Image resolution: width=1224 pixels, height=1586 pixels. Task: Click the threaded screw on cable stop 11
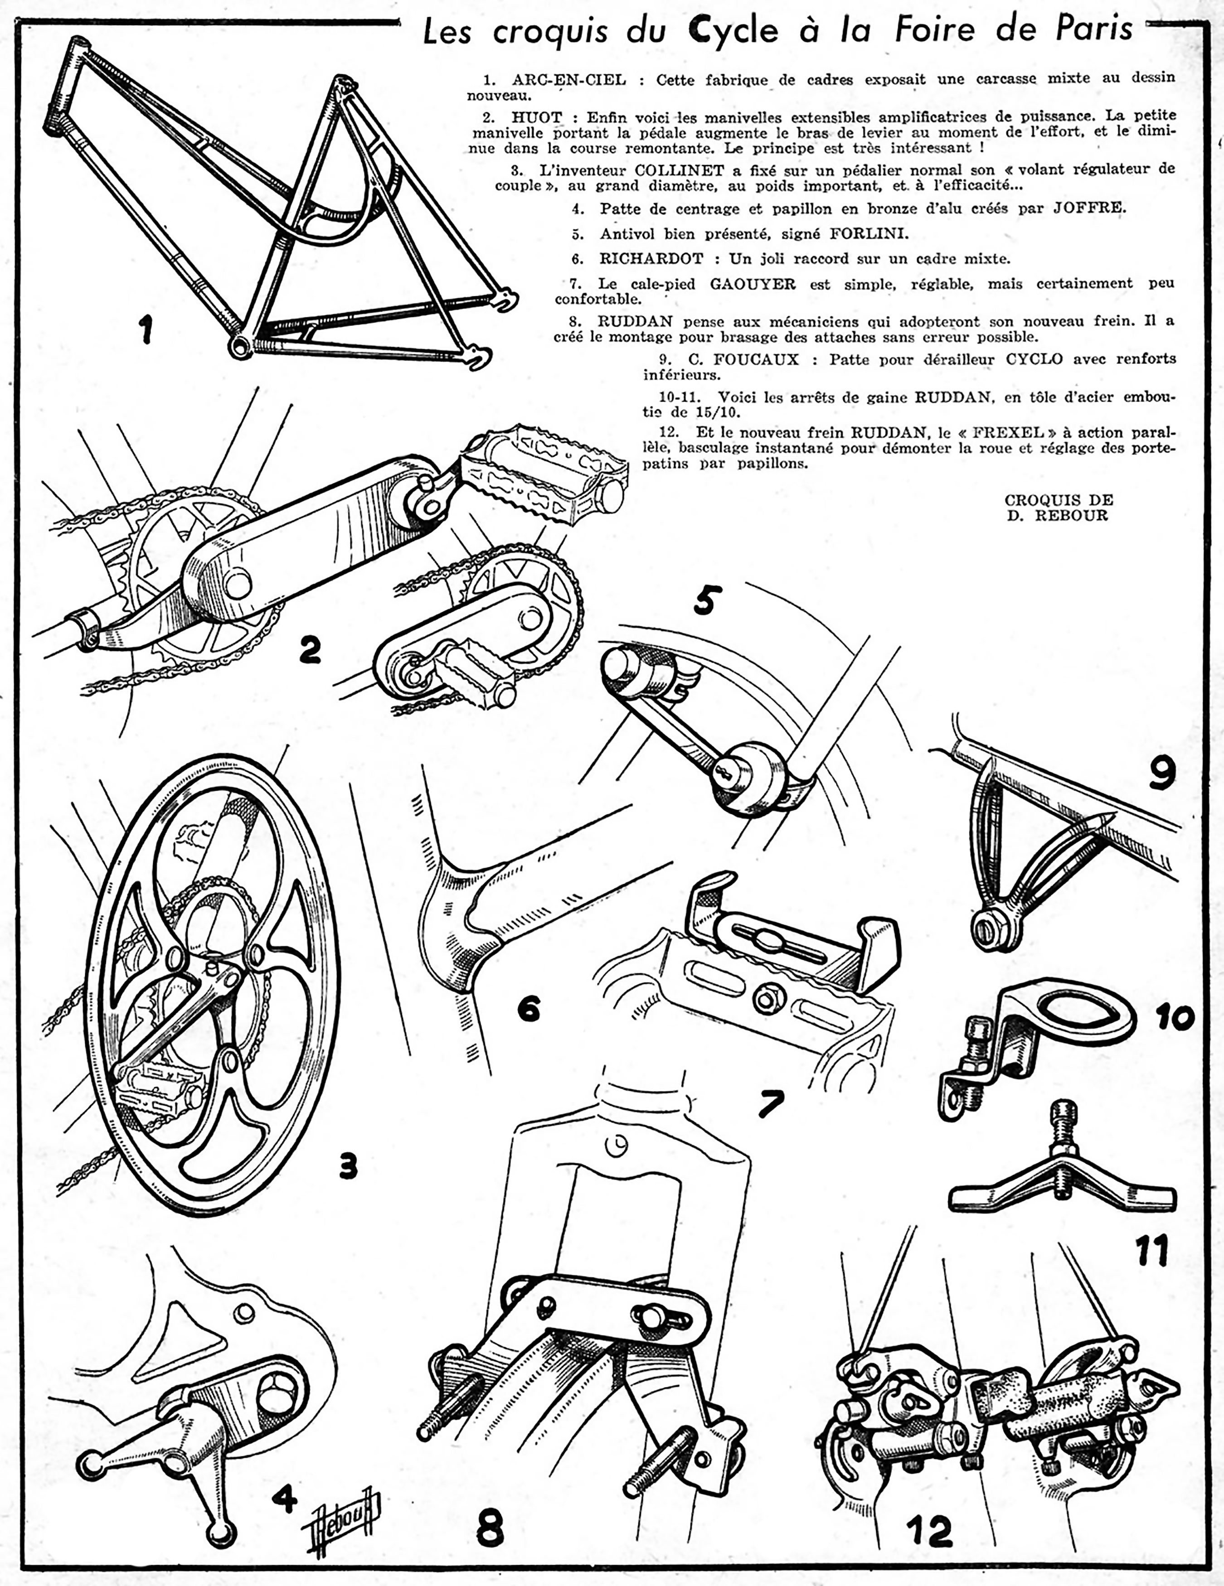pyautogui.click(x=1062, y=1155)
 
